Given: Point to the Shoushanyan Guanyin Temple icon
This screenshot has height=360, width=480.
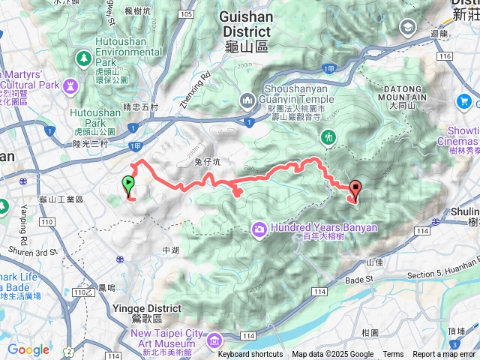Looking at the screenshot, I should [248, 100].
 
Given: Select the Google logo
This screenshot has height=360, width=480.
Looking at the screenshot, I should [28, 349].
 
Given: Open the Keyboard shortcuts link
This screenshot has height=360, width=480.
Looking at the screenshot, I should [250, 355].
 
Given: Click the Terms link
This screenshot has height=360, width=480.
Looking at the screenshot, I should [393, 355].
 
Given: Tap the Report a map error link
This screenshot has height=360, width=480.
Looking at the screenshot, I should [444, 355].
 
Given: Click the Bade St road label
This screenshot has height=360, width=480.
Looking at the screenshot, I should [359, 279].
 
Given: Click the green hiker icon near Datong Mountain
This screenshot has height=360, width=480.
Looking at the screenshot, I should [328, 136].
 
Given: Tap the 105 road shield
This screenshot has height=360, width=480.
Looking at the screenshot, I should [187, 14].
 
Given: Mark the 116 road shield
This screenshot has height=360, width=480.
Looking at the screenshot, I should [445, 56].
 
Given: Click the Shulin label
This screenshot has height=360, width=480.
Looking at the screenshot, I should [465, 211].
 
